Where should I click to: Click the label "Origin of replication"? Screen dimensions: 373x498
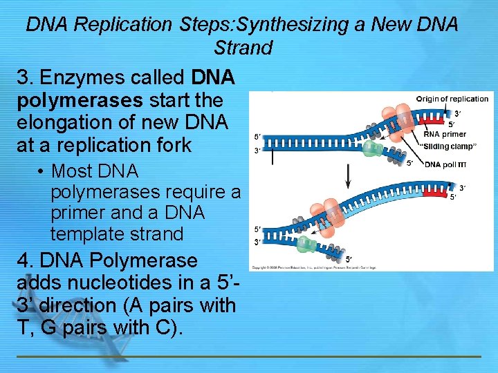point(452,99)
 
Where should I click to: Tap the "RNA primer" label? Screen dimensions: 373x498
point(444,134)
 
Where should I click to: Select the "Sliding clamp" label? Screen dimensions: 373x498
point(449,146)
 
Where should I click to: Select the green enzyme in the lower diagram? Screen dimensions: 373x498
point(306,243)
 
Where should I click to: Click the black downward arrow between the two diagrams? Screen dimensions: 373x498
point(347,181)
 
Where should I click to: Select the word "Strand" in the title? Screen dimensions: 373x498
point(243,48)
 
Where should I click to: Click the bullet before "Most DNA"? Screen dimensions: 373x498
point(41,171)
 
